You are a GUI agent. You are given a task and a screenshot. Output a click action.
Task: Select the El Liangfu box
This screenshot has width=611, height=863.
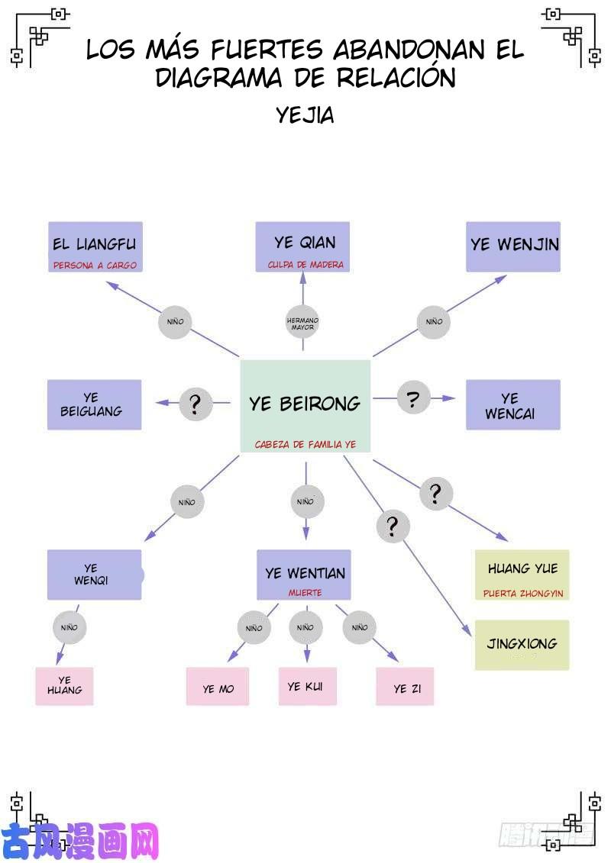tap(95, 246)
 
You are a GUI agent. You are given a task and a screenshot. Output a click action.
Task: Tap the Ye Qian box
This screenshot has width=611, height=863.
tap(302, 246)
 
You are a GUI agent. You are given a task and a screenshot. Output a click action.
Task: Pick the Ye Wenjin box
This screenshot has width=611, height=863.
tap(513, 246)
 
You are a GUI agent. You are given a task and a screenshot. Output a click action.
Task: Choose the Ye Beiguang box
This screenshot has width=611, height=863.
tap(95, 404)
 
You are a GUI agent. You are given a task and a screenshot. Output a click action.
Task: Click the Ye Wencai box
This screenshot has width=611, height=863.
tap(513, 404)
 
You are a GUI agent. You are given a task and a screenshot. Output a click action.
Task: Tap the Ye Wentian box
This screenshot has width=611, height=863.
tap(304, 575)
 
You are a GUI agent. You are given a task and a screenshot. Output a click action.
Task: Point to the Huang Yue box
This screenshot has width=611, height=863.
tap(522, 574)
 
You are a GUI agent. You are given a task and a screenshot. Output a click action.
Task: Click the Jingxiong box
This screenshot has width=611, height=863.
tap(522, 645)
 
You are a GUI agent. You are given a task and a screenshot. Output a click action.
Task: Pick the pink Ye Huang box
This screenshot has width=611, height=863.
tap(64, 686)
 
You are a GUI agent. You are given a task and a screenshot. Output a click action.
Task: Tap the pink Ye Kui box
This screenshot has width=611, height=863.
tap(306, 686)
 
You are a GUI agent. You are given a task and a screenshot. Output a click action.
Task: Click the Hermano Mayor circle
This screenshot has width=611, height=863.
tap(302, 324)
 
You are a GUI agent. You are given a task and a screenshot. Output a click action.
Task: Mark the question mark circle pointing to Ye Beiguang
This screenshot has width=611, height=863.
tap(196, 404)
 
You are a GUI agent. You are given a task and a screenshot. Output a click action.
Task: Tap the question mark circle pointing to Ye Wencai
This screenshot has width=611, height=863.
tap(413, 398)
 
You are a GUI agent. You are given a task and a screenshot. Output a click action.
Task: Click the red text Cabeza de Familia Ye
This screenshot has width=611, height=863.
tap(305, 444)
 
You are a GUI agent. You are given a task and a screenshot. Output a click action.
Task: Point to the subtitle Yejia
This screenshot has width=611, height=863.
tap(305, 116)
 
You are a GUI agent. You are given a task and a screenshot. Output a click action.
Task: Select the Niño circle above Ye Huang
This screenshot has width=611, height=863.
tap(69, 628)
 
